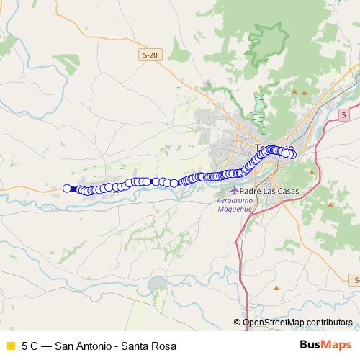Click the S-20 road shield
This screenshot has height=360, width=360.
(x=149, y=55)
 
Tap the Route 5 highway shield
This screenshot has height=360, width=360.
(x=344, y=114)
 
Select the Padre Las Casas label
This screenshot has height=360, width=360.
(x=269, y=191)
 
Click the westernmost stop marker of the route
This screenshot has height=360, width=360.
(x=67, y=188)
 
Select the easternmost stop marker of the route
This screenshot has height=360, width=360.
(x=292, y=153)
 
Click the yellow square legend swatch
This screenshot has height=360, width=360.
(x=11, y=345)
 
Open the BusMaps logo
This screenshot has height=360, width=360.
(x=325, y=345)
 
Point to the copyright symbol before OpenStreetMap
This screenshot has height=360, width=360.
(x=237, y=323)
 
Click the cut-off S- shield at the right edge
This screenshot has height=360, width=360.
(x=356, y=279)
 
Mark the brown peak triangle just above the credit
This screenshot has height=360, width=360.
(x=276, y=288)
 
